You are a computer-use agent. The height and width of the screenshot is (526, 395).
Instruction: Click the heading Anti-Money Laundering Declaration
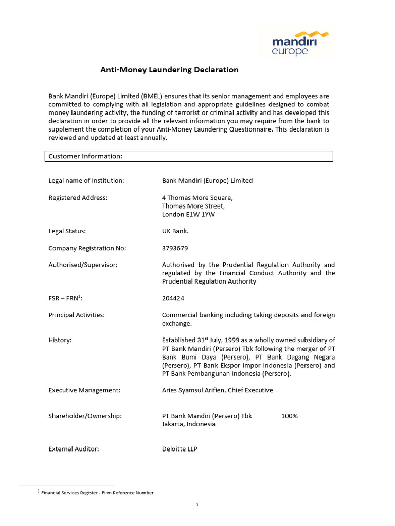click(169, 70)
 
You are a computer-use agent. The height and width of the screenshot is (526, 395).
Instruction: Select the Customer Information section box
click(189, 156)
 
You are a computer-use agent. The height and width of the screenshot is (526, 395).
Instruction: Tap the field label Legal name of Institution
click(86, 181)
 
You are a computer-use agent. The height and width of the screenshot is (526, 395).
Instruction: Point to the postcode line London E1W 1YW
click(188, 214)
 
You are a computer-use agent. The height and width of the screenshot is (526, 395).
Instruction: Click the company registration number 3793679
click(175, 248)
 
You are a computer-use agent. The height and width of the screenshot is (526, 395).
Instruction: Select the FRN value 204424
click(173, 298)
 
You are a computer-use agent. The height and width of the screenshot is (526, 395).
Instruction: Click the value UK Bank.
click(175, 231)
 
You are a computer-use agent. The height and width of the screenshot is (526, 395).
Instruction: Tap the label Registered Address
click(78, 198)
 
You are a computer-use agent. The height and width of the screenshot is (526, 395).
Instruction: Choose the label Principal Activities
click(77, 315)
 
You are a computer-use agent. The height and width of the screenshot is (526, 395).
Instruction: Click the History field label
click(60, 340)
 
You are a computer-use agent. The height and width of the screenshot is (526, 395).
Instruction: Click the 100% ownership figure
click(290, 416)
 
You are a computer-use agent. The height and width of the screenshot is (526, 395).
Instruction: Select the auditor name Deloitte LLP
click(179, 449)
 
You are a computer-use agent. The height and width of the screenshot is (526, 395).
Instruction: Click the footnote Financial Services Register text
click(97, 493)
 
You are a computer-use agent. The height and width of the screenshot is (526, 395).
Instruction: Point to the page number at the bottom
click(197, 505)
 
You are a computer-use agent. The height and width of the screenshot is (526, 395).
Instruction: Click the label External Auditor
click(74, 449)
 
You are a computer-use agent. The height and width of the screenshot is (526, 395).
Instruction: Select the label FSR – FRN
click(65, 298)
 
